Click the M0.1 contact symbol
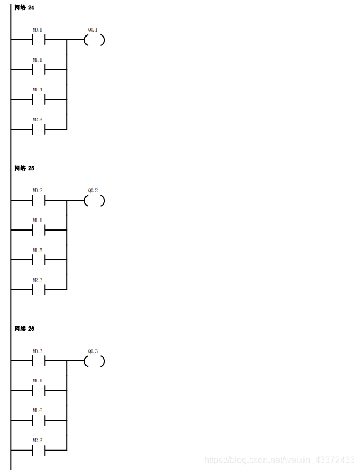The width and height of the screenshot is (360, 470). pos(38,40)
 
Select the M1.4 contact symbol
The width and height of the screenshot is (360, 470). pos(38,100)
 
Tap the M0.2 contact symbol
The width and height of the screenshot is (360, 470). pos(38,201)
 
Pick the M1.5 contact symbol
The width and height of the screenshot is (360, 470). pos(38,260)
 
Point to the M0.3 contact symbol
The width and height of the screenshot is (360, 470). pos(38,361)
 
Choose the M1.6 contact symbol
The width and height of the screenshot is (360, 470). pos(38,421)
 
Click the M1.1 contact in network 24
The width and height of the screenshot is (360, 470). pos(38,70)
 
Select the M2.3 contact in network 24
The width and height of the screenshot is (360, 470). pos(38,130)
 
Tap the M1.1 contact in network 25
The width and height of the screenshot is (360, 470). pos(38,231)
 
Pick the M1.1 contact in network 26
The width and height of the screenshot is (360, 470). pos(38,391)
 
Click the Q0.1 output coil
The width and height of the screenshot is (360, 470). pos(94,40)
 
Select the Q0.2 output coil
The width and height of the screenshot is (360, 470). pos(94,201)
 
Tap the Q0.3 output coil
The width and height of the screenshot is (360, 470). pos(94,361)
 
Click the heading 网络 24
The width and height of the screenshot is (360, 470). pos(24,7)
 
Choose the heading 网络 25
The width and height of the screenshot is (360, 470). pos(24,168)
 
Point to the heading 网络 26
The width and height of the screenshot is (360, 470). pos(24,329)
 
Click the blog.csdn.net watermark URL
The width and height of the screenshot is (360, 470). pos(279,460)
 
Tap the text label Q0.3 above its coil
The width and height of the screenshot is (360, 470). pos(93,351)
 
